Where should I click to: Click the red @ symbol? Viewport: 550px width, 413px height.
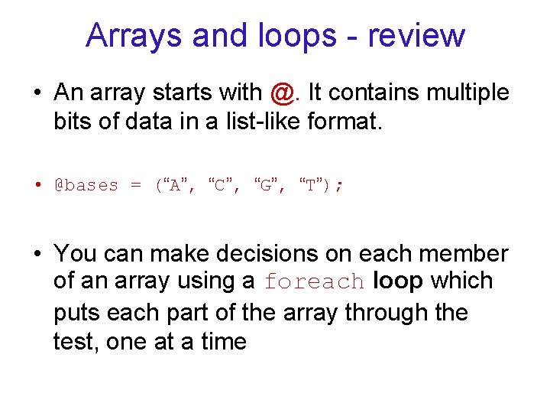tap(281, 93)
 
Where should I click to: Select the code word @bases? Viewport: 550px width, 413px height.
tap(86, 185)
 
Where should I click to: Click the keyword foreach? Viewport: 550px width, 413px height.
tap(314, 282)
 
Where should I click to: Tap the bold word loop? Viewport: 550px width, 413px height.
tap(398, 281)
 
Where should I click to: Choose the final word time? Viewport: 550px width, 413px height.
tap(219, 341)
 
